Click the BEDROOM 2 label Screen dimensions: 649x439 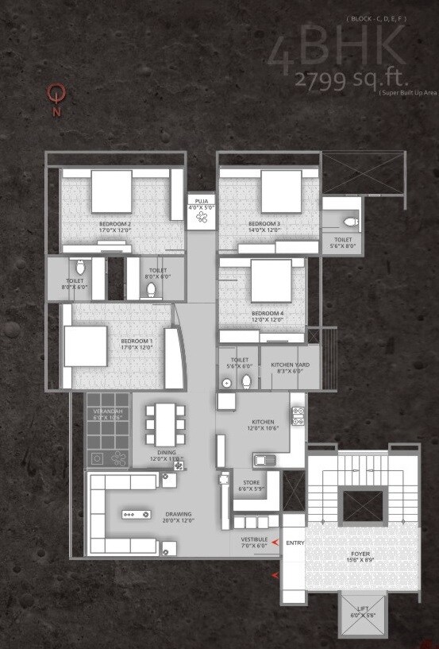115,224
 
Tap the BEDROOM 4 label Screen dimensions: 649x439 268,314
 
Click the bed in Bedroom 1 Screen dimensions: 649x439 85,346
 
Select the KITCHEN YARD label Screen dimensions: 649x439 290,365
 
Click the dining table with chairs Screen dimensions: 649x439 165,425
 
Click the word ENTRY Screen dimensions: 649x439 295,543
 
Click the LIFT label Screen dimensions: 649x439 363,609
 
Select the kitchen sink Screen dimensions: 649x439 264,458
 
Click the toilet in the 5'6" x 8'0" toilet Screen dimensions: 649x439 352,222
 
